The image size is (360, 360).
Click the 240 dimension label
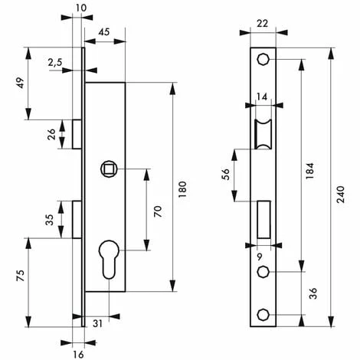point(340,195)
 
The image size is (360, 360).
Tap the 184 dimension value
point(309,170)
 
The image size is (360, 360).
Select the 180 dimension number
point(182,189)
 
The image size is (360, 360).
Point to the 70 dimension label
point(158,211)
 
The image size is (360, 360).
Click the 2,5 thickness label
point(55,62)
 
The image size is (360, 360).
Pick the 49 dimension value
point(21,83)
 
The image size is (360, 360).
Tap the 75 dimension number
point(21,276)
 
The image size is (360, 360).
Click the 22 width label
point(263,24)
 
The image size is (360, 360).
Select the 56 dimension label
point(227,175)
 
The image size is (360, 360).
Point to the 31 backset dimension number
point(98,323)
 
